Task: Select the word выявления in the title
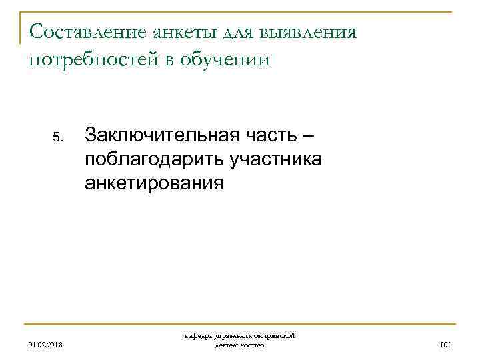311,31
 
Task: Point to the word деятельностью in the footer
240,345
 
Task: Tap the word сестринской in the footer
275,337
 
